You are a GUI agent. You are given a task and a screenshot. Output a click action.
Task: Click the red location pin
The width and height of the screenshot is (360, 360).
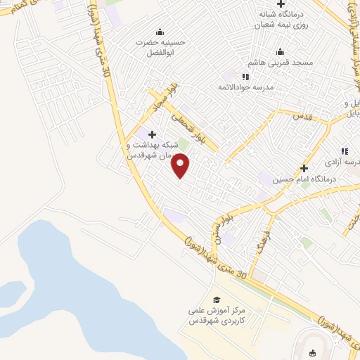point(181,166)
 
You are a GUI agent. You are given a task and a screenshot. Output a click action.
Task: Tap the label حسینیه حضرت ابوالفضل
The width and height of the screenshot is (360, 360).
point(162,46)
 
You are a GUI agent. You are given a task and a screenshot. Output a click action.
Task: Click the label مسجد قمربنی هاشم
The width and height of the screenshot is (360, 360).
point(281,63)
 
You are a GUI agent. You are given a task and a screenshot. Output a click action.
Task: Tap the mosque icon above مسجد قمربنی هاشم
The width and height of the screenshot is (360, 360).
point(281,51)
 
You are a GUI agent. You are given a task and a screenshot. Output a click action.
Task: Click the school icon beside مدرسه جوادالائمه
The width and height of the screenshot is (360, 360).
point(246,77)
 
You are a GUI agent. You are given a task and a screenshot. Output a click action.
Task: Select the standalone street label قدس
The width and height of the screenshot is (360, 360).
point(301,117)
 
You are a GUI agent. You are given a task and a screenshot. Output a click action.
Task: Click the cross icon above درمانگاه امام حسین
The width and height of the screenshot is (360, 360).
point(304,168)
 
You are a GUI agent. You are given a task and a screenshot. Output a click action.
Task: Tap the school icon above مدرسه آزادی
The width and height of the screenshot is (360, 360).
point(345,150)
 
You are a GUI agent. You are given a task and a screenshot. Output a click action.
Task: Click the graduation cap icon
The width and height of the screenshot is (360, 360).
point(217,300)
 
